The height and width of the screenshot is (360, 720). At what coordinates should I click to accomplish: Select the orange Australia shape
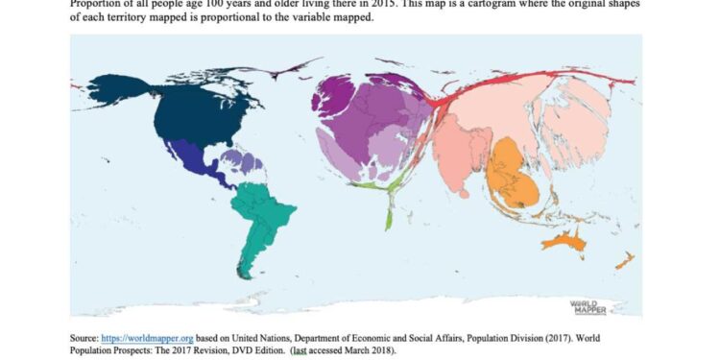point(565,241)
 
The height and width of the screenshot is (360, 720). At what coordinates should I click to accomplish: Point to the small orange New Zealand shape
point(624,260)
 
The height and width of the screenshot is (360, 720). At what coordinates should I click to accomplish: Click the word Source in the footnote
point(84,339)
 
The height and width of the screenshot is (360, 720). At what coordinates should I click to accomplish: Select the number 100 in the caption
point(210,3)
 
